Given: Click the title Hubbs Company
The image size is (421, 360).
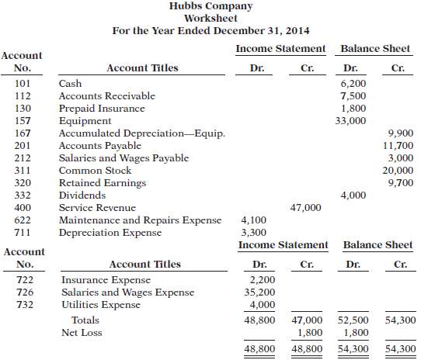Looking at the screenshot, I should [x=211, y=6].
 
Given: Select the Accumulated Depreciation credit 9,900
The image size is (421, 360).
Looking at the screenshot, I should [x=399, y=133].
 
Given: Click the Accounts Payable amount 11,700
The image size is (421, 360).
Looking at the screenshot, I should [x=397, y=146].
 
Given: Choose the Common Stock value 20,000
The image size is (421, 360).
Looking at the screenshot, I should [x=397, y=171].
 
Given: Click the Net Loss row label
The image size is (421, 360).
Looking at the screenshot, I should [x=82, y=332].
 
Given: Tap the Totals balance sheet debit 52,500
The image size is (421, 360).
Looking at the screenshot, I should [x=354, y=320].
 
